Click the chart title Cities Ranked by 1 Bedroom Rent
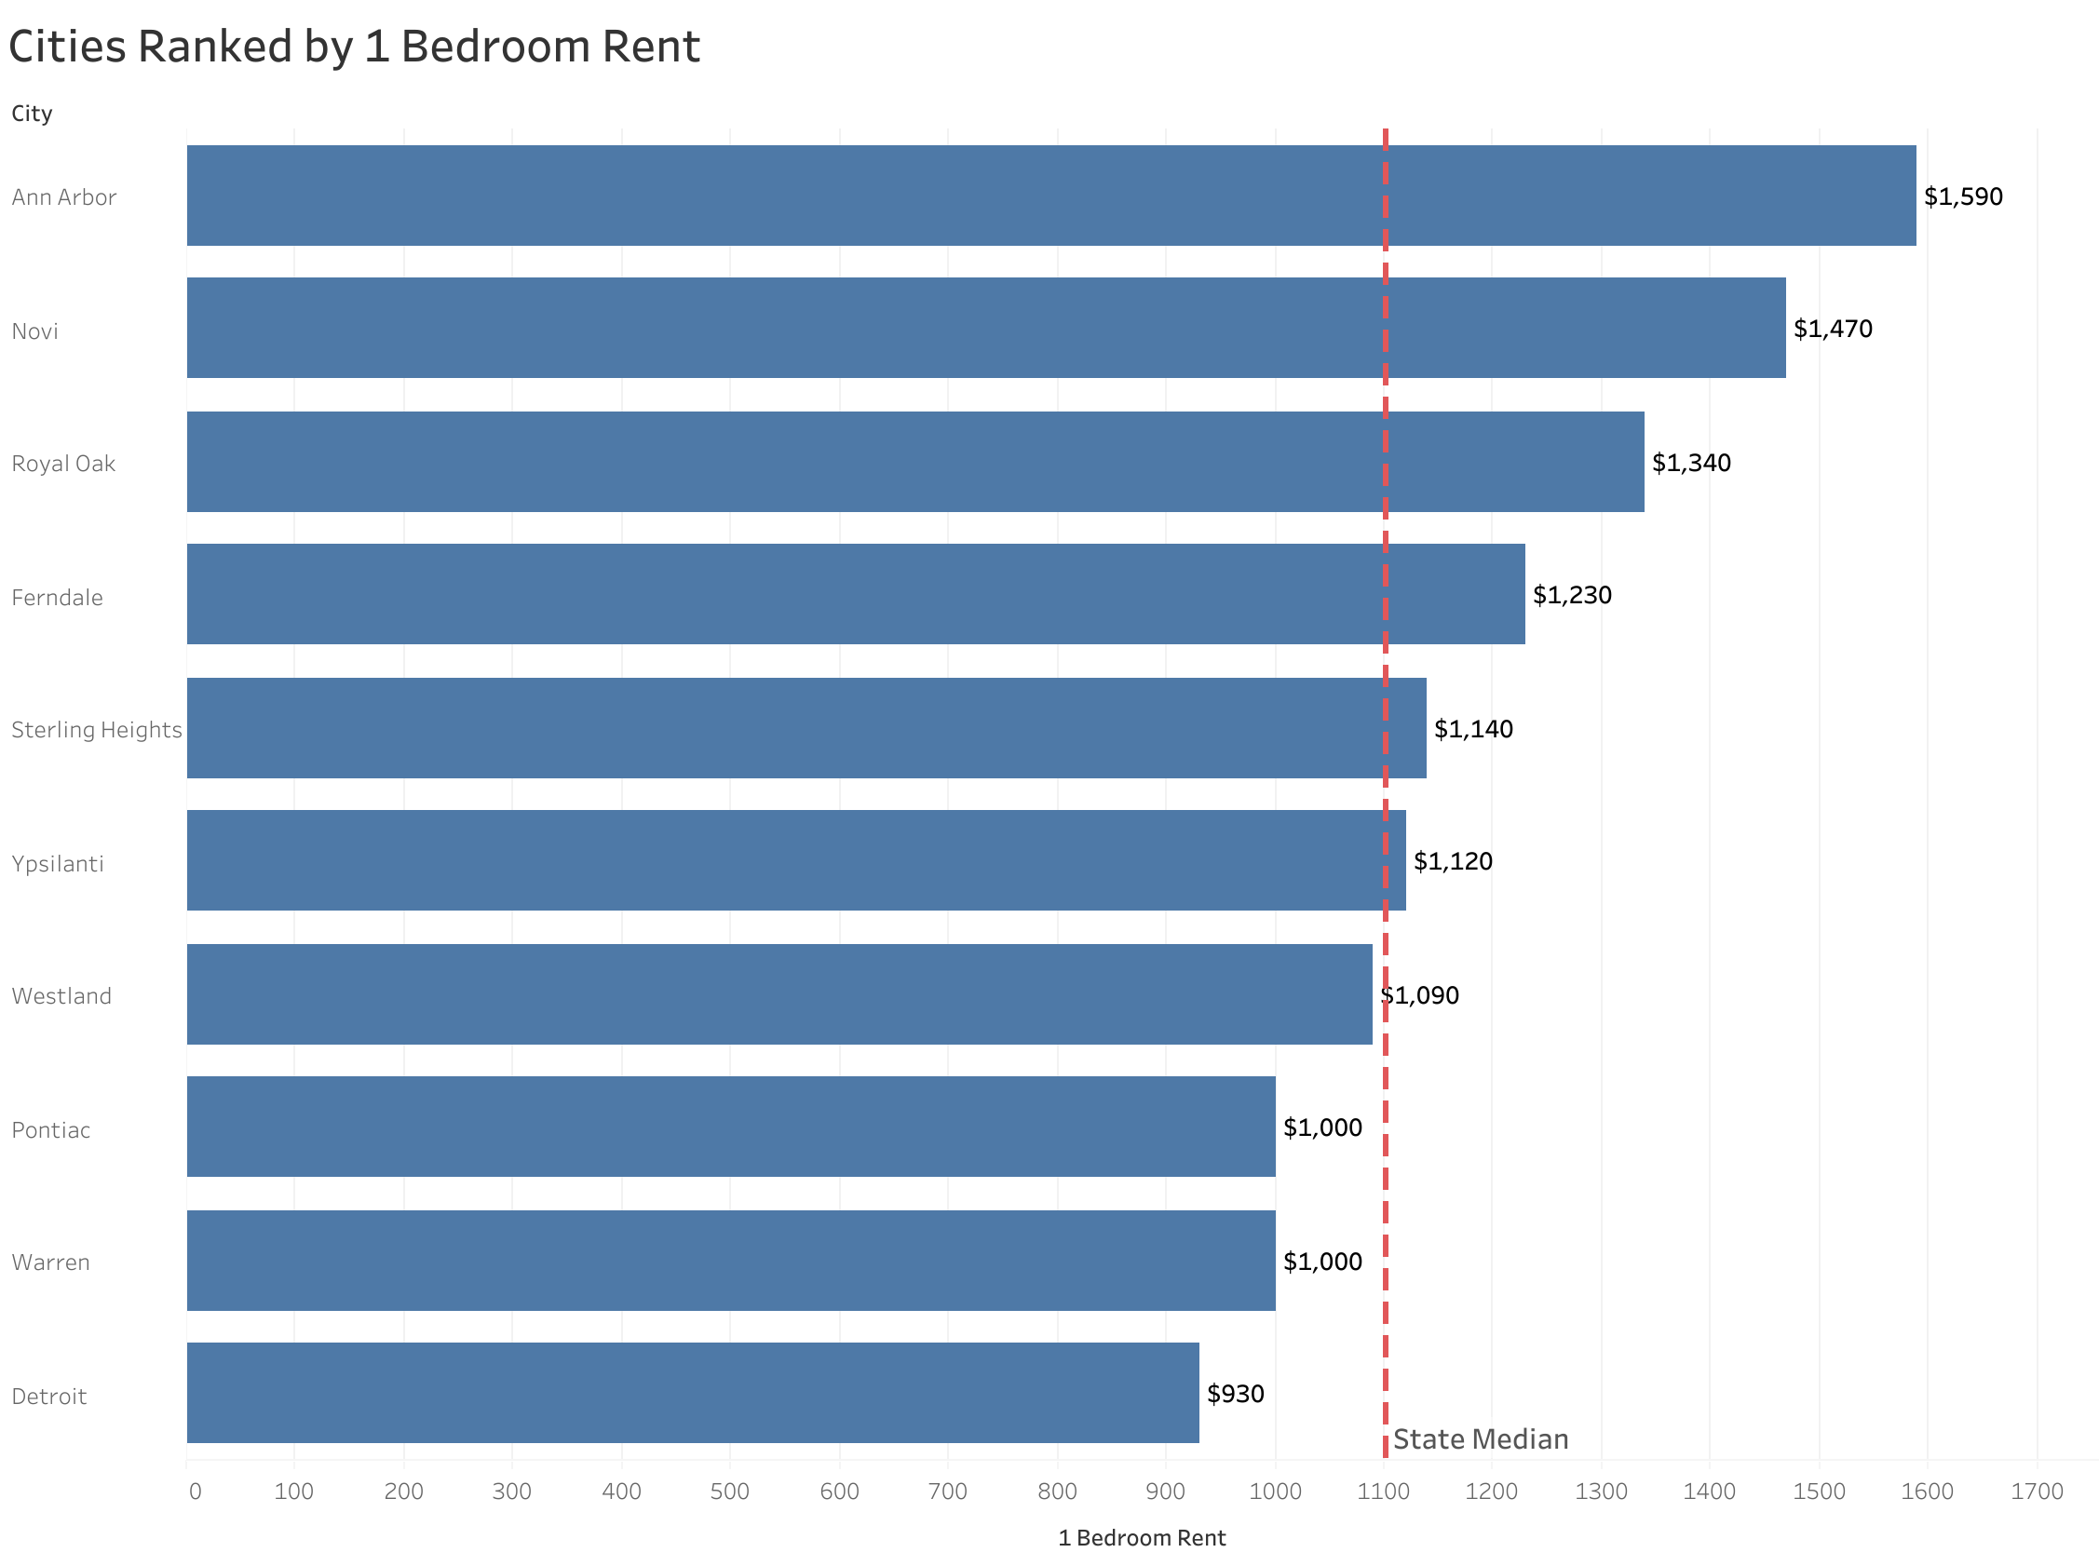point(354,47)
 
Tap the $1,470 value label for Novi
point(1832,329)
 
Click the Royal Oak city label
point(63,464)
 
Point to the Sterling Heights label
point(96,730)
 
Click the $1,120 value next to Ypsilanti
point(1452,862)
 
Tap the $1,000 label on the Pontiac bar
point(1321,1128)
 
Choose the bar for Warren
point(730,1261)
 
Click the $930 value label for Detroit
point(1235,1395)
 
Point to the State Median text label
point(1480,1440)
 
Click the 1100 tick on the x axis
point(1383,1492)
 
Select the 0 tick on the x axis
point(196,1492)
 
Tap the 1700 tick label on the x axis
point(2037,1492)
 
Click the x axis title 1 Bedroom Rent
point(1141,1538)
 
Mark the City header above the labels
point(32,114)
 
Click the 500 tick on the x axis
point(730,1492)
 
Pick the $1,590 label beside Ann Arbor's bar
point(1962,196)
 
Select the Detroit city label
point(49,1397)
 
